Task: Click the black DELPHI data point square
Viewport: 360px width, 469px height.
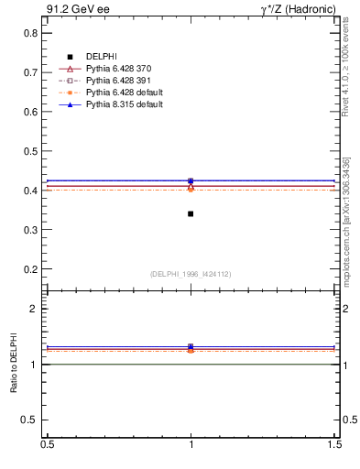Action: point(191,213)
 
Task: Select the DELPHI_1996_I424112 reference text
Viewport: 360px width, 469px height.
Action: point(191,274)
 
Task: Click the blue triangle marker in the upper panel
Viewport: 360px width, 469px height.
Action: point(191,180)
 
